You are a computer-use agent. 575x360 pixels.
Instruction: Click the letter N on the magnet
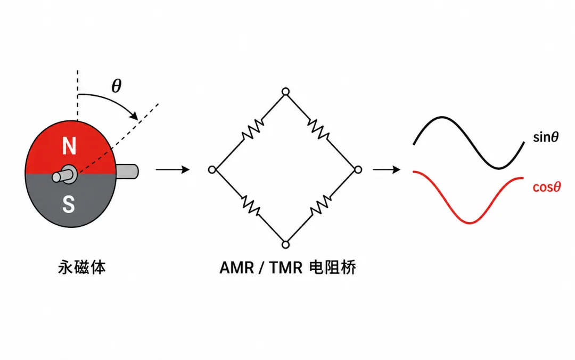pyautogui.click(x=69, y=146)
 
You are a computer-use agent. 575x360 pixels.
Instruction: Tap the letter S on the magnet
pyautogui.click(x=69, y=204)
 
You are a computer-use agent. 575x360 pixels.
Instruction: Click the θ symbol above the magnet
pyautogui.click(x=117, y=86)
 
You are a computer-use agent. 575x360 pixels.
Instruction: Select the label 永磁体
pyautogui.click(x=82, y=267)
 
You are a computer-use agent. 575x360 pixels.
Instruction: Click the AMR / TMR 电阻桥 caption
pyautogui.click(x=287, y=267)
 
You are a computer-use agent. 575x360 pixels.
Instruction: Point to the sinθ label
pyautogui.click(x=546, y=137)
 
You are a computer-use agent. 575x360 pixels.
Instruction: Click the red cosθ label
pyautogui.click(x=547, y=187)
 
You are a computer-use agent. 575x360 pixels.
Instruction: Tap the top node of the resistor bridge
pyautogui.click(x=286, y=92)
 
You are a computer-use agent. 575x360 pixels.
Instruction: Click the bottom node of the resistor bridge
pyautogui.click(x=286, y=244)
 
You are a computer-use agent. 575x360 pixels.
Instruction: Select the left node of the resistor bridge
pyautogui.click(x=212, y=169)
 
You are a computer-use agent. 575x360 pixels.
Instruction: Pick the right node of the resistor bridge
pyautogui.click(x=358, y=169)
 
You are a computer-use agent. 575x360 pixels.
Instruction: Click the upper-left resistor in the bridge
pyautogui.click(x=253, y=129)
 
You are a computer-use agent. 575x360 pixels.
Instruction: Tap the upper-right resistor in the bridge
pyautogui.click(x=318, y=129)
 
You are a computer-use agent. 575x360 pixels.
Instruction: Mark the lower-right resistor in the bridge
pyautogui.click(x=321, y=205)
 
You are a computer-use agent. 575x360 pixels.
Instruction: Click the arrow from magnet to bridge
pyautogui.click(x=172, y=169)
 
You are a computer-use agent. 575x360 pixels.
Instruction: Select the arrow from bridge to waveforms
pyautogui.click(x=387, y=169)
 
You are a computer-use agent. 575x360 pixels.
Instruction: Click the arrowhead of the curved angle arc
pyautogui.click(x=134, y=116)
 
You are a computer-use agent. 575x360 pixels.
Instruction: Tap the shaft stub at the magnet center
pyautogui.click(x=64, y=174)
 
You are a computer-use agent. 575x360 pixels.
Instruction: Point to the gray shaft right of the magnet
pyautogui.click(x=127, y=171)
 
